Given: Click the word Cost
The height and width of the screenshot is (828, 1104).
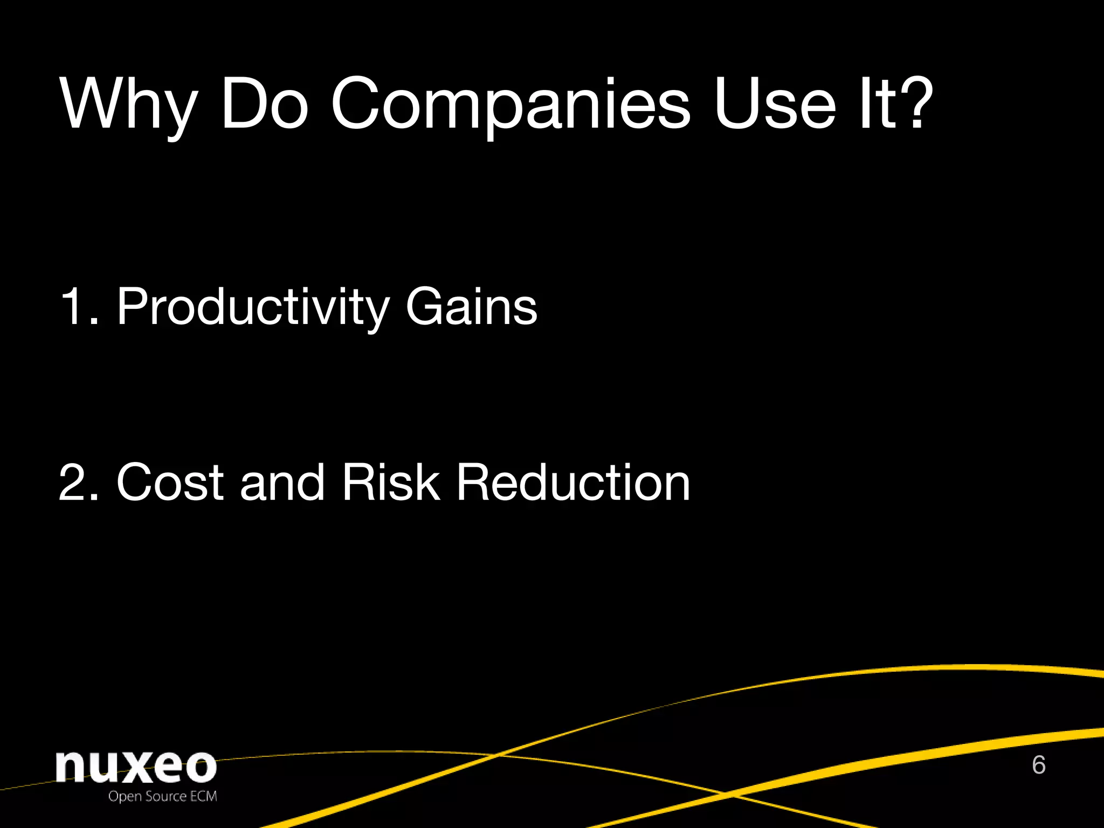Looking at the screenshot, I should (170, 482).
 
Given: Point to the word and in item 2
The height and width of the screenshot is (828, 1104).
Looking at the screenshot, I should (282, 482).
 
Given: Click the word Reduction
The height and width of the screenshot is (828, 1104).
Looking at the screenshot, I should (573, 482).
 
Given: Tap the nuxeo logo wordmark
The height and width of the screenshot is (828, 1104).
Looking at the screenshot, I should (136, 767).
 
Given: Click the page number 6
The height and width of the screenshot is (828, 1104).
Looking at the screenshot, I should (1039, 765).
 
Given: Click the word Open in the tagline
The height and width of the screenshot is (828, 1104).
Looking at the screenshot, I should (125, 797).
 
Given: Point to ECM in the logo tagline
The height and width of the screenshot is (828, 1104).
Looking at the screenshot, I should (203, 796).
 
